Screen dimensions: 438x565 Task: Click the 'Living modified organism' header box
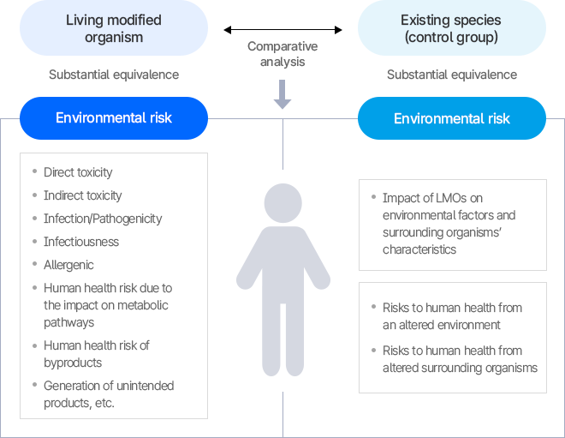coord(113,28)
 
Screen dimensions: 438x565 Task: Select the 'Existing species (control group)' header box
coord(451,28)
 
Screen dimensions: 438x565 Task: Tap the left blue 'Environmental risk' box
coord(113,118)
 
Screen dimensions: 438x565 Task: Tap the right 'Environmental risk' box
coord(451,118)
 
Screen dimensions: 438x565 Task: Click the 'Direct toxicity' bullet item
coord(78,172)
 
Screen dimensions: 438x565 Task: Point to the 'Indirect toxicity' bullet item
coord(82,195)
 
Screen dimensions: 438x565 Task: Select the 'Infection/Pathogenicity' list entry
coord(103,219)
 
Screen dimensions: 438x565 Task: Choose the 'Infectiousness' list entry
coord(81,242)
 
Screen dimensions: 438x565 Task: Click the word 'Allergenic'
coord(68,265)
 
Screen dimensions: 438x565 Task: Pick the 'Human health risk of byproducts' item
coord(96,354)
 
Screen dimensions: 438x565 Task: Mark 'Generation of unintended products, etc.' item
coord(108,394)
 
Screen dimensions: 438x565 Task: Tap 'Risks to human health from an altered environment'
coord(452,316)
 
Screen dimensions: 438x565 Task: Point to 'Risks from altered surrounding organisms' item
coord(460,359)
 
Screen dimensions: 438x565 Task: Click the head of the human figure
coord(282,202)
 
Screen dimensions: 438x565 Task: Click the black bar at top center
coord(282,30)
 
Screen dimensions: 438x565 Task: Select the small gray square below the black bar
coord(282,94)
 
